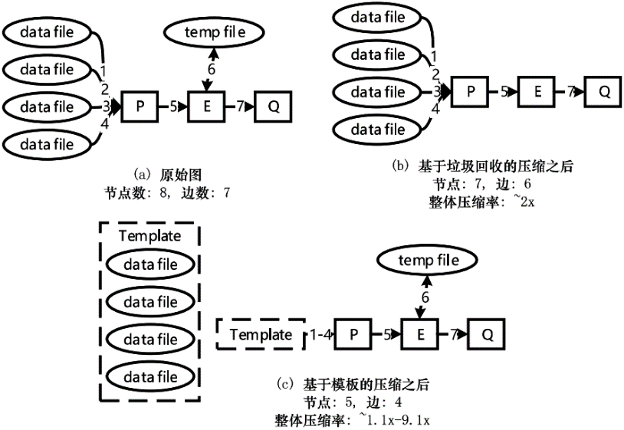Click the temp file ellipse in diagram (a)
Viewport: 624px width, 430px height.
tap(214, 32)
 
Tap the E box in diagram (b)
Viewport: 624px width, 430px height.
tap(537, 91)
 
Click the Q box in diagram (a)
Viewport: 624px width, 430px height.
tap(273, 106)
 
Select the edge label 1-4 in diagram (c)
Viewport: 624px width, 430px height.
tap(321, 334)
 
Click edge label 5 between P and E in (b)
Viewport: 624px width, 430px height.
tap(504, 91)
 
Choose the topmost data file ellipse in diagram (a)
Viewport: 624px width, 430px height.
tap(47, 32)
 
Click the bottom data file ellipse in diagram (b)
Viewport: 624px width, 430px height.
tap(378, 129)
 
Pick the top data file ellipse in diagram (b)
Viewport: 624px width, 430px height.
tap(378, 16)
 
